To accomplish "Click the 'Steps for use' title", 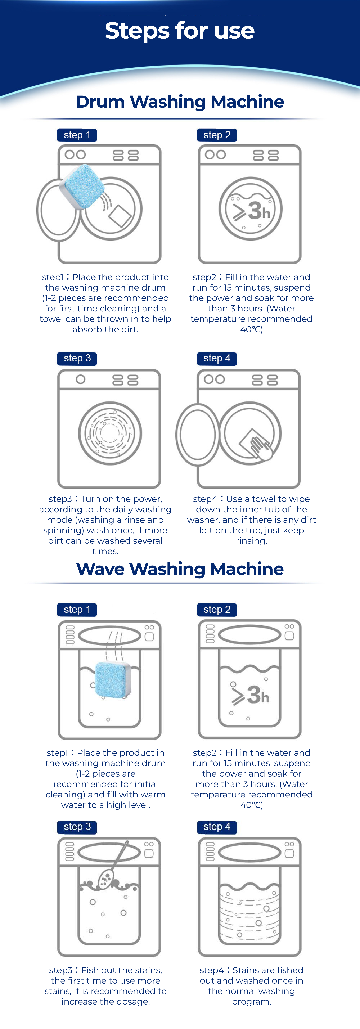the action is tap(180, 31).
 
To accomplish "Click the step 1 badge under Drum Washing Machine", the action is tap(77, 135).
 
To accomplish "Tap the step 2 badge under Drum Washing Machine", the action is tap(217, 135).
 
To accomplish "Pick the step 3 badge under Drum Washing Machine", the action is tap(77, 358).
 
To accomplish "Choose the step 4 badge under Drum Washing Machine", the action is tap(217, 358).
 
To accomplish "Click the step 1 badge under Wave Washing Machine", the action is tap(77, 610).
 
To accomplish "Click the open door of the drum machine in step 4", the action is tap(197, 435).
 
